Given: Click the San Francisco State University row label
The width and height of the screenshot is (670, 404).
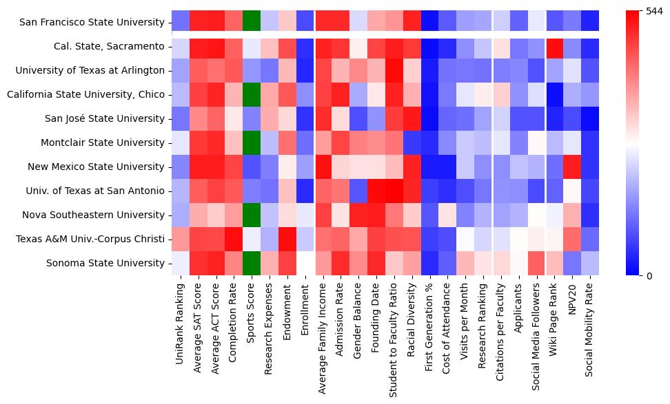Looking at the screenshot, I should (x=92, y=22).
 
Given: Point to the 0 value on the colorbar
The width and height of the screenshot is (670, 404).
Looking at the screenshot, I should (x=649, y=276).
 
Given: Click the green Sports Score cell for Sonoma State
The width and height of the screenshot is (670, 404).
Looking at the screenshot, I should (x=252, y=263).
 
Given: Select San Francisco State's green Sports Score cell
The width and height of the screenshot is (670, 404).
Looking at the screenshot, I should (x=252, y=22).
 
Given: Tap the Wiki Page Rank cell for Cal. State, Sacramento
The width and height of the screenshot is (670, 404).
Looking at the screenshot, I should (x=554, y=46).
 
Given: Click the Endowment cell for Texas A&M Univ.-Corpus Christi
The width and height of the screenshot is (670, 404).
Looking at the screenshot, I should (x=287, y=239).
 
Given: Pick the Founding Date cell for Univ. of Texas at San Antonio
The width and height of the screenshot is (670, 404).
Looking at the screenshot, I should (x=377, y=191).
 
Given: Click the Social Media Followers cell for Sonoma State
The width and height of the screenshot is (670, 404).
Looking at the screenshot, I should (x=536, y=263).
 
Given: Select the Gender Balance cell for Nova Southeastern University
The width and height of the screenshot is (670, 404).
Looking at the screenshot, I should (x=359, y=215).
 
